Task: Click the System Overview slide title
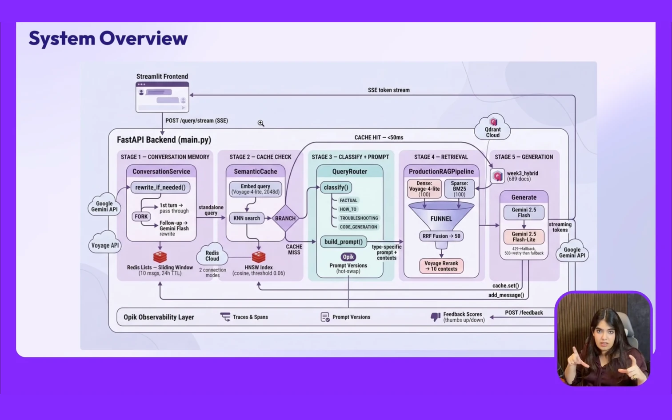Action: tap(108, 38)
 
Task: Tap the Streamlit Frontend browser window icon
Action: tap(162, 97)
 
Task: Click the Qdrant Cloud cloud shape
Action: tap(492, 128)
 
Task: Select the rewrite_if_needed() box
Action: tap(160, 187)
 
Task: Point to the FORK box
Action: tap(141, 216)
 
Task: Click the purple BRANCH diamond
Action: tap(285, 218)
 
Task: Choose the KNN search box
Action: tap(246, 218)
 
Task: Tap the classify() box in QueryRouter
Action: tap(336, 187)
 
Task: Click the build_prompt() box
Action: tap(343, 242)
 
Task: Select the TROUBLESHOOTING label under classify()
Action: tap(359, 218)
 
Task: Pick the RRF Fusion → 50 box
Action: tap(441, 236)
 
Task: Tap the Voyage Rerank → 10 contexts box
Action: tap(441, 266)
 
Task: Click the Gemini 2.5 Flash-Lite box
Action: tap(524, 237)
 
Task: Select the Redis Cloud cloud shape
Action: tap(212, 256)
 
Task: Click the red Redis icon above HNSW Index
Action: tap(258, 257)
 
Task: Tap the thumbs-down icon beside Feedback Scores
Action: tap(435, 317)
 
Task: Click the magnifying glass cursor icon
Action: tap(260, 123)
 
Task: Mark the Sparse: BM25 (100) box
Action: tap(459, 189)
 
